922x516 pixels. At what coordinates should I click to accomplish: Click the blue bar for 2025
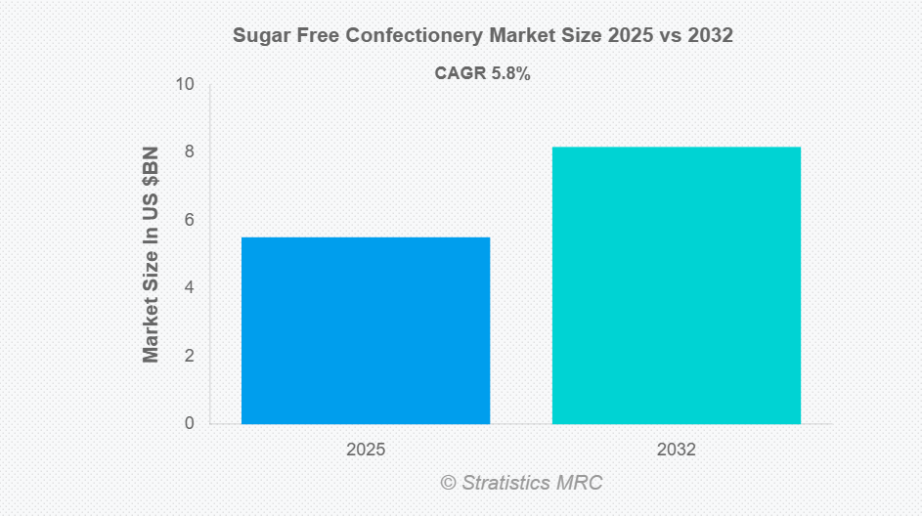(x=366, y=330)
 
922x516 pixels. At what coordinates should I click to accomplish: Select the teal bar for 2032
(x=677, y=285)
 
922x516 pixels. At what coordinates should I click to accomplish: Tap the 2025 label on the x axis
(x=366, y=451)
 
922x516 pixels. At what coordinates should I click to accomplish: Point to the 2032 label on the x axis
(x=677, y=451)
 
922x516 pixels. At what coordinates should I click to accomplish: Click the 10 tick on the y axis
(x=185, y=85)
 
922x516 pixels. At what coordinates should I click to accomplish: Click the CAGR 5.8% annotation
(x=482, y=73)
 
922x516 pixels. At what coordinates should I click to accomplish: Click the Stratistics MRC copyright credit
(x=521, y=483)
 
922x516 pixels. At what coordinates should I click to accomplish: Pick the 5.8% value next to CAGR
(x=508, y=73)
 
